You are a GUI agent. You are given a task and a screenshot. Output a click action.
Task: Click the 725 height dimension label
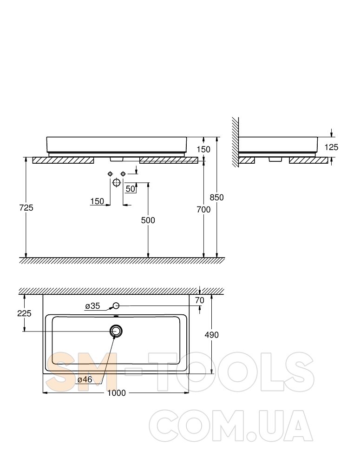pos(26,208)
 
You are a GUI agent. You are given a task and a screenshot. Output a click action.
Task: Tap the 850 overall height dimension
pos(216,197)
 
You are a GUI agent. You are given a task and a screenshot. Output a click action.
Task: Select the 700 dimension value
pos(203,210)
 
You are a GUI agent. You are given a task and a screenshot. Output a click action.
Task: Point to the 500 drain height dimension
pos(148,220)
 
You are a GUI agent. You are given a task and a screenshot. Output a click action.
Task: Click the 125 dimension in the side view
pos(331,147)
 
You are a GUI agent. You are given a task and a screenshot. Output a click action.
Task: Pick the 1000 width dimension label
pos(117,393)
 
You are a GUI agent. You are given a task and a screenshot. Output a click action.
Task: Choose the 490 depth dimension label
pos(211,335)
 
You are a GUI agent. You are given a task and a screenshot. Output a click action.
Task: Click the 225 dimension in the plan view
pos(24,313)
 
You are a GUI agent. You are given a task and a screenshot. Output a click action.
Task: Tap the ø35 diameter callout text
pos(92,306)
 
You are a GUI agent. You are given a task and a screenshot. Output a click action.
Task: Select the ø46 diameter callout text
pos(85,379)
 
